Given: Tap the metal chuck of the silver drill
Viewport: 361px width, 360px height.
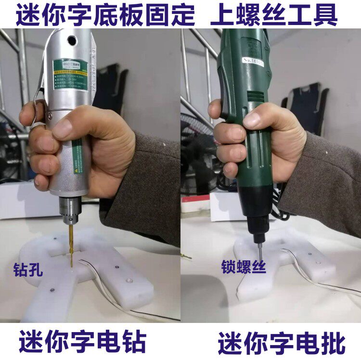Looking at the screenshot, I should pyautogui.click(x=70, y=209).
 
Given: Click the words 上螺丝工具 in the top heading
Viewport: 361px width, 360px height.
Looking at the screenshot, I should pyautogui.click(x=274, y=15).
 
